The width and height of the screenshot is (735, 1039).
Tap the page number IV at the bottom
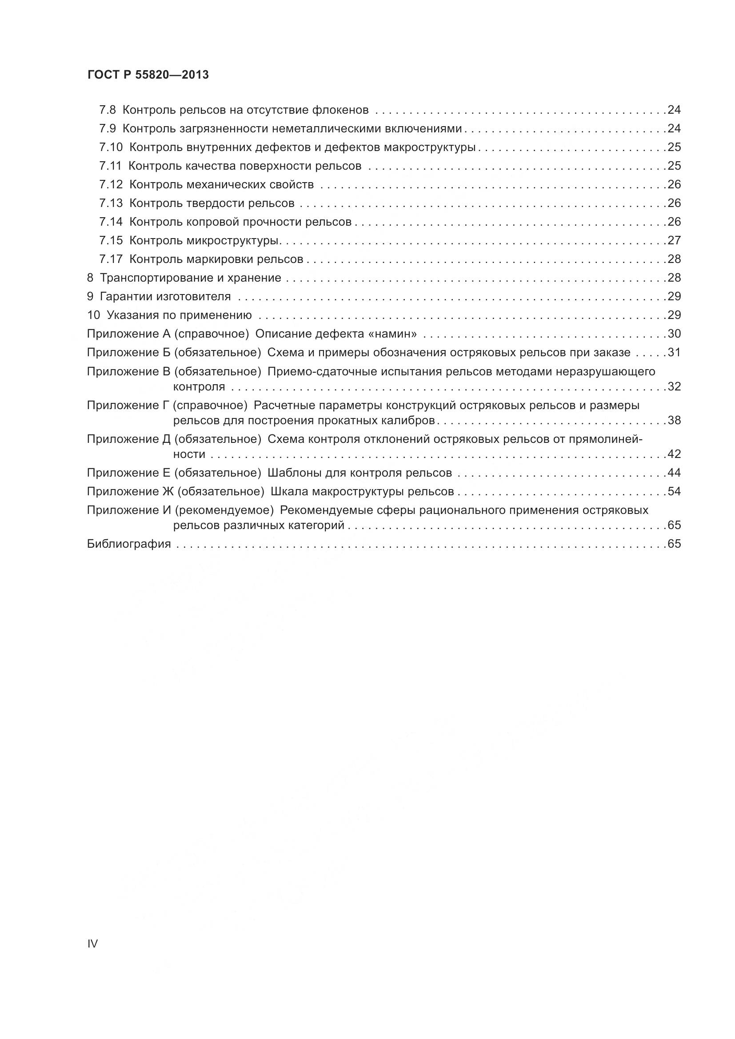[92, 943]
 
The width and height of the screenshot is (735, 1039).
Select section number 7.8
[107, 110]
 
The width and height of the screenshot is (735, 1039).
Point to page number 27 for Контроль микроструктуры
[674, 240]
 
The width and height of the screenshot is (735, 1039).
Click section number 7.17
[111, 259]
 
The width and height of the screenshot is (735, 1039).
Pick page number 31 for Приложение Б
[674, 353]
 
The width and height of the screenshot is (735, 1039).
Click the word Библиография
[129, 544]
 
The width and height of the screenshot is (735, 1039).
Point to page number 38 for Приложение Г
[674, 420]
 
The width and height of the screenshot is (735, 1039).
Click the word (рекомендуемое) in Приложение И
[224, 510]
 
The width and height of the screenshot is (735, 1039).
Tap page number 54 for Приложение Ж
[674, 491]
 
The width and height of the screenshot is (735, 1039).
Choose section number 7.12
[111, 185]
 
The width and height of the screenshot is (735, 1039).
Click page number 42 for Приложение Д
[674, 454]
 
